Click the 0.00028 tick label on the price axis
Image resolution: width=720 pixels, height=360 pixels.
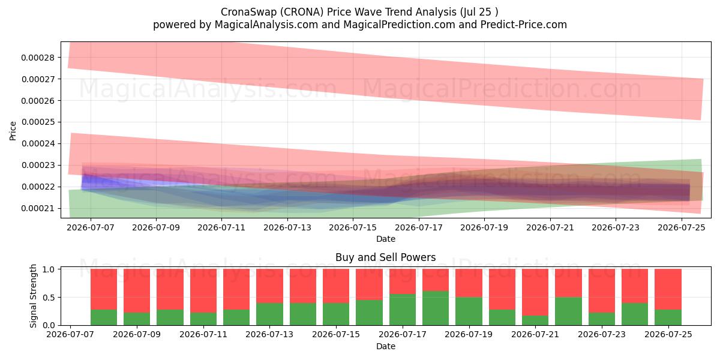pyautogui.click(x=38, y=58)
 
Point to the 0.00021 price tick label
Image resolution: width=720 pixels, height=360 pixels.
pyautogui.click(x=38, y=209)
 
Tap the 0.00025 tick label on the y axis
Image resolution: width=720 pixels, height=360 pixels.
pyautogui.click(x=38, y=122)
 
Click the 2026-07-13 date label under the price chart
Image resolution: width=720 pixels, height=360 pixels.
pyautogui.click(x=287, y=227)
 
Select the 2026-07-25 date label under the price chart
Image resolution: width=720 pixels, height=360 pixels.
pyautogui.click(x=682, y=227)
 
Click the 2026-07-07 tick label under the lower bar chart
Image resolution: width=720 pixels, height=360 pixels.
pyautogui.click(x=70, y=335)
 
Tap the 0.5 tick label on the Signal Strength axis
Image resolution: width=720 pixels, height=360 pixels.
pyautogui.click(x=48, y=298)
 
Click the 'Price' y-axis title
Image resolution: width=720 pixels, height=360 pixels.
pyautogui.click(x=13, y=131)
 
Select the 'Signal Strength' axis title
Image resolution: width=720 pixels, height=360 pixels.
pyautogui.click(x=33, y=296)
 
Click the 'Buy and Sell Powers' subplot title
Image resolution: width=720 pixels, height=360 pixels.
pyautogui.click(x=385, y=257)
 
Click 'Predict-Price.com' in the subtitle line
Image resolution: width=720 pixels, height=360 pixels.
pyautogui.click(x=524, y=25)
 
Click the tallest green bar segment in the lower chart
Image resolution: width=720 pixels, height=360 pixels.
pyautogui.click(x=436, y=308)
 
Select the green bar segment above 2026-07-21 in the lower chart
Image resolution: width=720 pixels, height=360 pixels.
pyautogui.click(x=535, y=320)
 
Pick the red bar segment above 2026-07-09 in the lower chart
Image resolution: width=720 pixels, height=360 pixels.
pyautogui.click(x=137, y=291)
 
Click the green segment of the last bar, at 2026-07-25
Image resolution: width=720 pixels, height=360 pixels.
pyautogui.click(x=668, y=317)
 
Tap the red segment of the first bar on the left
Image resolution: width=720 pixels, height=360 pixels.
pyautogui.click(x=104, y=289)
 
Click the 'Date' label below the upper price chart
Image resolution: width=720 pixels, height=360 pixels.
pyautogui.click(x=386, y=239)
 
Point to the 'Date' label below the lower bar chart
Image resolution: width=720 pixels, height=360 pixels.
pyautogui.click(x=386, y=347)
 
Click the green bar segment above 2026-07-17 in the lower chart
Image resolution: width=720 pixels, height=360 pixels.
pyautogui.click(x=403, y=310)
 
